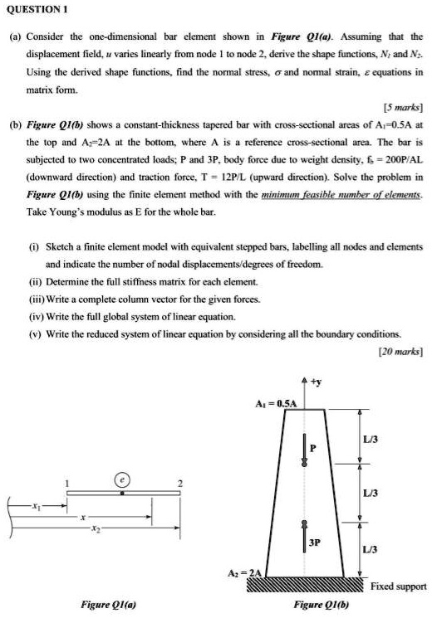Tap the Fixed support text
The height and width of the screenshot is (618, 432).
(x=398, y=586)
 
